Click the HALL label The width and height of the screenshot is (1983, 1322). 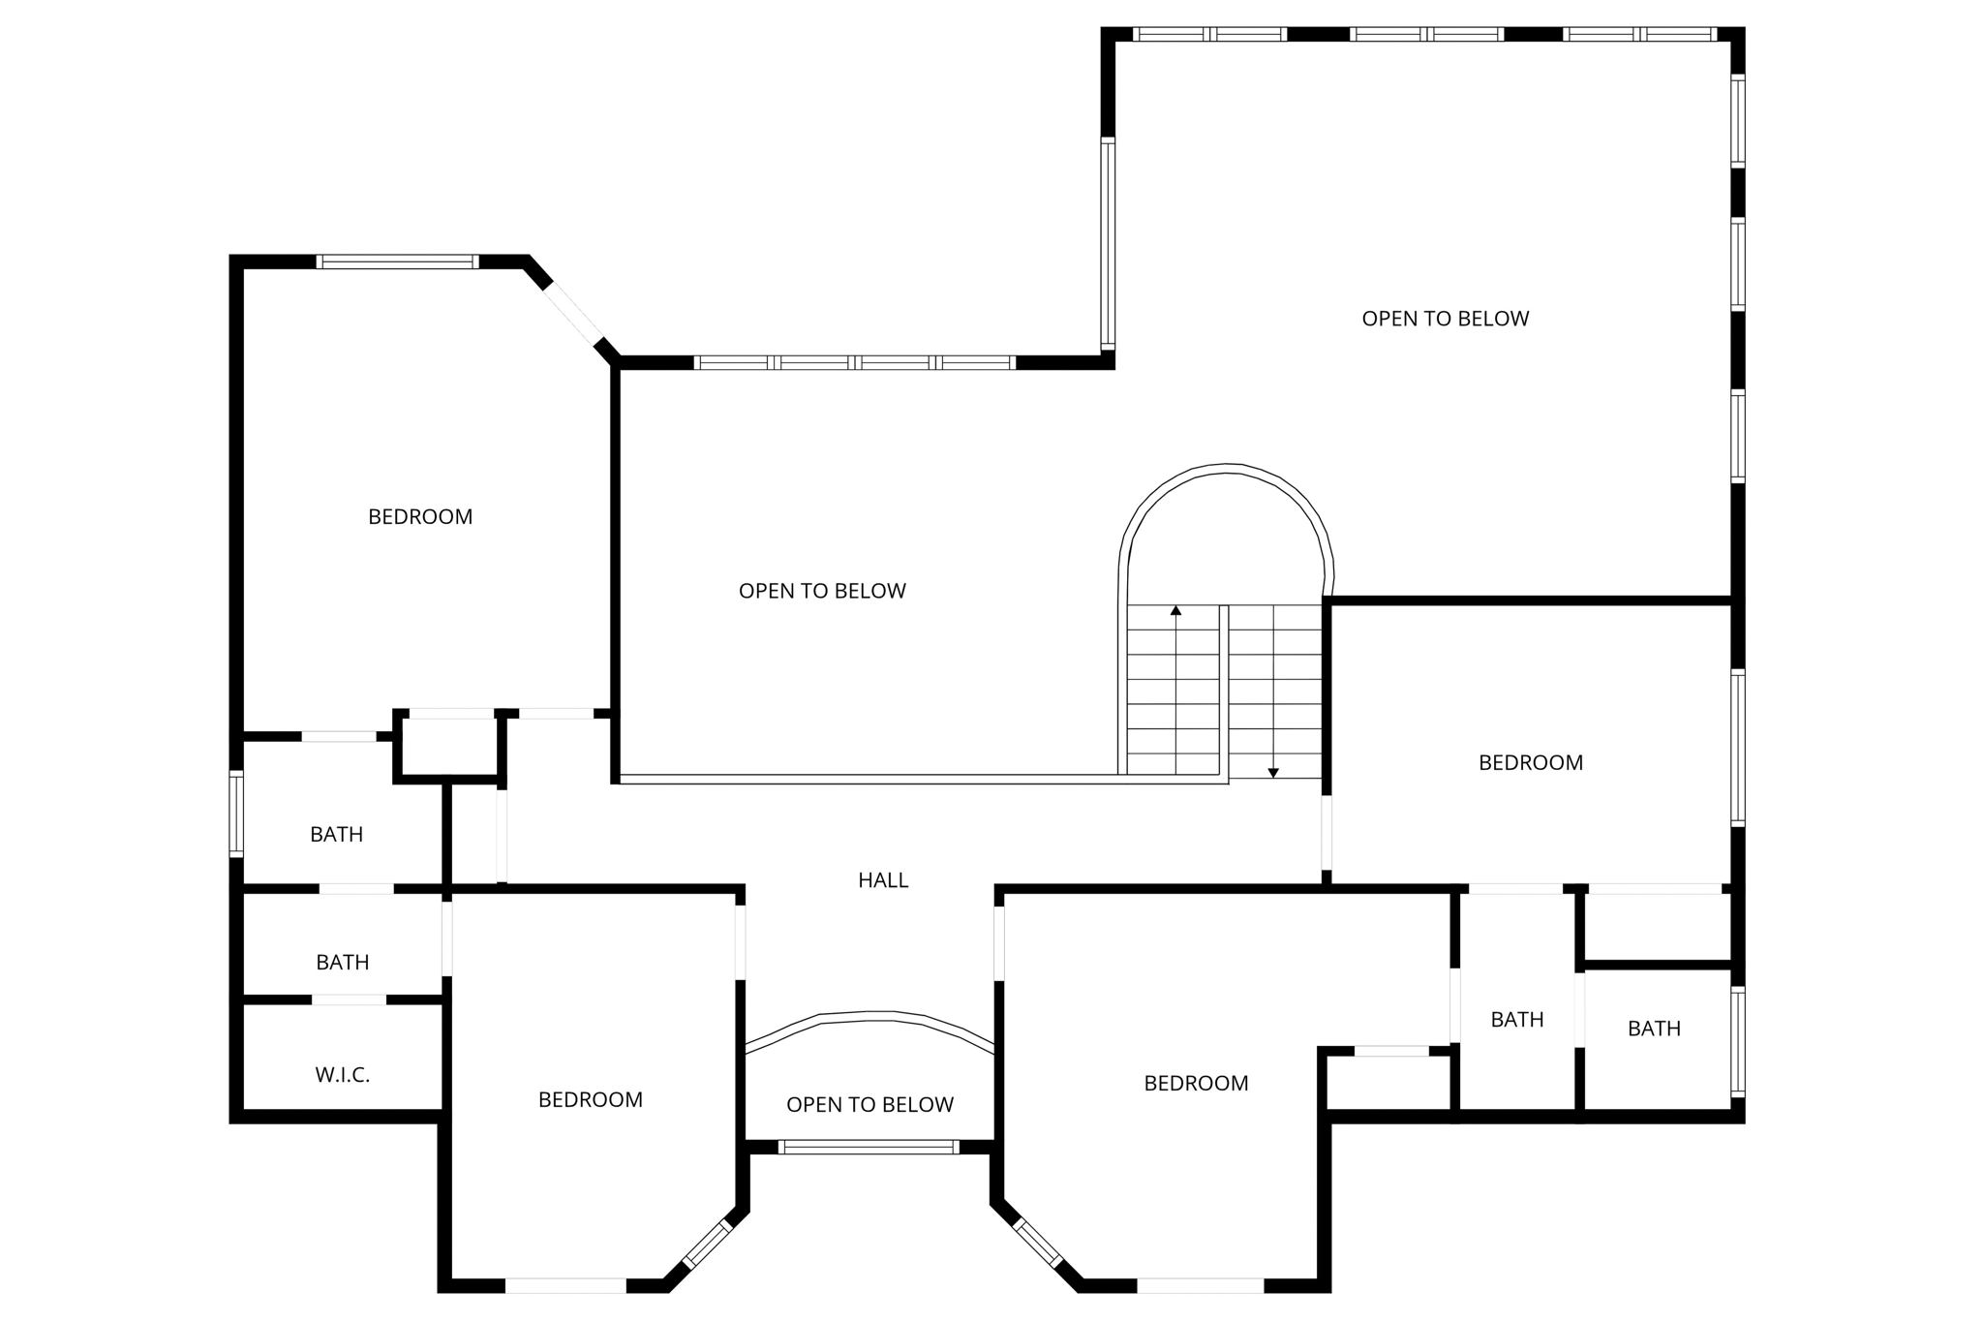(883, 880)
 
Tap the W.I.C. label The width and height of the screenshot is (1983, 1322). (342, 1075)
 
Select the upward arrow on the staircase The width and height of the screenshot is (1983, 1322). (1175, 612)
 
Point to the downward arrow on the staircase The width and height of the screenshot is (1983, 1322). (1273, 772)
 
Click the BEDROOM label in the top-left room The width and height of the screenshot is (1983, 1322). (420, 517)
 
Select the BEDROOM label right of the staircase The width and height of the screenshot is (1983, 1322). (1530, 763)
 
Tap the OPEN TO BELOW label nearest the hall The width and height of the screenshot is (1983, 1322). (869, 1105)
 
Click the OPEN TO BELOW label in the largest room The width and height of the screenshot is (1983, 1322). (1445, 319)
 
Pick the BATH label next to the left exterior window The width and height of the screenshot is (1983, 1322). (336, 835)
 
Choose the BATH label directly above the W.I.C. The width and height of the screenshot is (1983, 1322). (342, 963)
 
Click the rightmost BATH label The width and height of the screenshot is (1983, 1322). (1654, 1029)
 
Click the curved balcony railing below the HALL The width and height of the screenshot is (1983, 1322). (869, 1017)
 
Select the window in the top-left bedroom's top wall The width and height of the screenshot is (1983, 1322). (397, 261)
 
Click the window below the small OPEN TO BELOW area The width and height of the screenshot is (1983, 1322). (869, 1147)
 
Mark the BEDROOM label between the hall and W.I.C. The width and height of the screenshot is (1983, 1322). (590, 1100)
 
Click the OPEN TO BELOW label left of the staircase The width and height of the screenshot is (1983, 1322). (822, 591)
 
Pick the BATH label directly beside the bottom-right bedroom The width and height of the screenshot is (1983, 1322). (1516, 1020)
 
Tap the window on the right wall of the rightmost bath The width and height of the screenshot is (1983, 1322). (1737, 1041)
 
